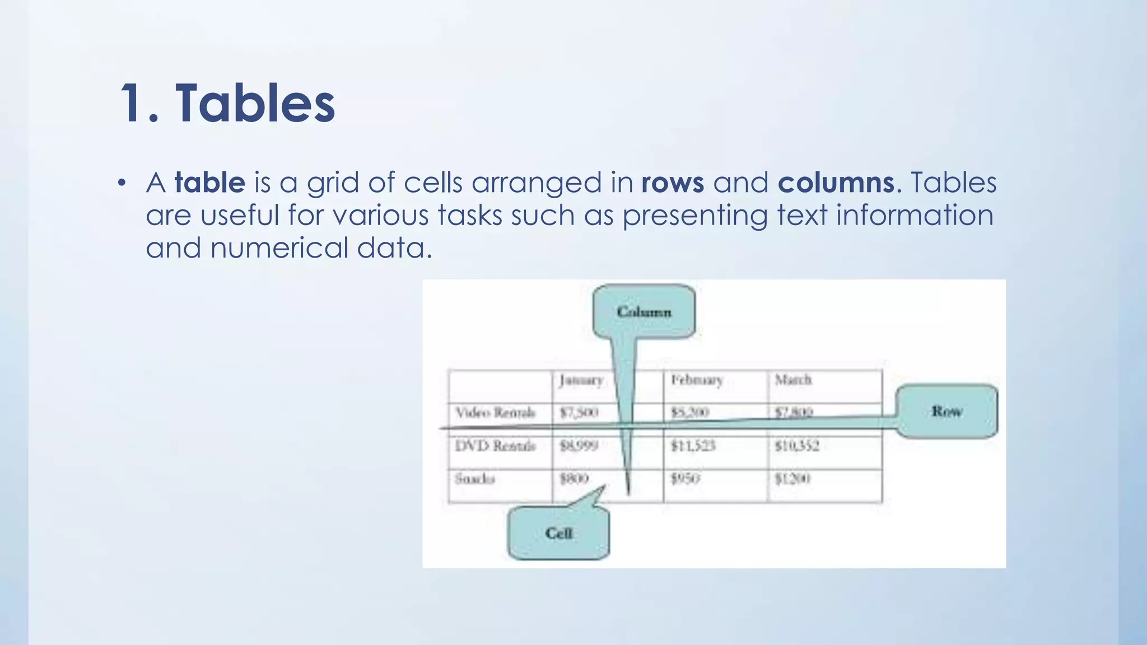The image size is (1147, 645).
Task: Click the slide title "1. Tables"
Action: (x=227, y=104)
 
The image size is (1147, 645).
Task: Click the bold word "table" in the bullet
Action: (x=210, y=183)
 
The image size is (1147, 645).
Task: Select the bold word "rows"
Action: (x=673, y=183)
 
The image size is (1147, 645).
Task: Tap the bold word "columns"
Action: (x=836, y=183)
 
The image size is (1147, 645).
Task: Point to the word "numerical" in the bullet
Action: (x=279, y=248)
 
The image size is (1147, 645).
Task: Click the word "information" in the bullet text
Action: (x=915, y=216)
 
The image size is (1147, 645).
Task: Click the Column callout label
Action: (x=644, y=312)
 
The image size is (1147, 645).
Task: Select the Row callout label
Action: (x=946, y=412)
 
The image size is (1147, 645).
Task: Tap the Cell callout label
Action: (x=558, y=533)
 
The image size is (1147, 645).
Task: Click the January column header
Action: (x=581, y=381)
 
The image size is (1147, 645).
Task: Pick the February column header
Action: (x=697, y=381)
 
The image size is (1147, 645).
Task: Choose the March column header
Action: (x=793, y=380)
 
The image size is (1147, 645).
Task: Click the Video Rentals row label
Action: (x=495, y=413)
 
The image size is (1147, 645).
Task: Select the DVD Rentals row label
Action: (x=495, y=446)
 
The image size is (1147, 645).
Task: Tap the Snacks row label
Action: (x=475, y=479)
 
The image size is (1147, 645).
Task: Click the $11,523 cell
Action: (x=693, y=446)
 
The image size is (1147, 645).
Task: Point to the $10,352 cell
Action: (x=797, y=446)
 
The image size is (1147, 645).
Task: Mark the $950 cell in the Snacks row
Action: (x=686, y=479)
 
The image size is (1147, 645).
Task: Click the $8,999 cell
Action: (x=579, y=446)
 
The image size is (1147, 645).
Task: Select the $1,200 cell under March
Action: (x=792, y=479)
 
